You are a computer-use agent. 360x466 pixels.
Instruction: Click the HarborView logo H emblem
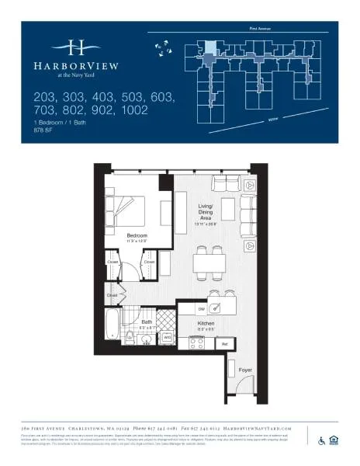tap(77, 46)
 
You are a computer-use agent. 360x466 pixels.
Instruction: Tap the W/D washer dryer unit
tap(167, 336)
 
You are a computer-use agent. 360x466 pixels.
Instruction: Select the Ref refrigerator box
tap(225, 342)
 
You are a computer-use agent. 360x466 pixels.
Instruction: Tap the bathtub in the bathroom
tap(112, 325)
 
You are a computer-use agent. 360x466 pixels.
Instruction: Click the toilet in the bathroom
tap(129, 336)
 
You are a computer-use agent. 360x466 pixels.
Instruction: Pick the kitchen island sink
tap(217, 308)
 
